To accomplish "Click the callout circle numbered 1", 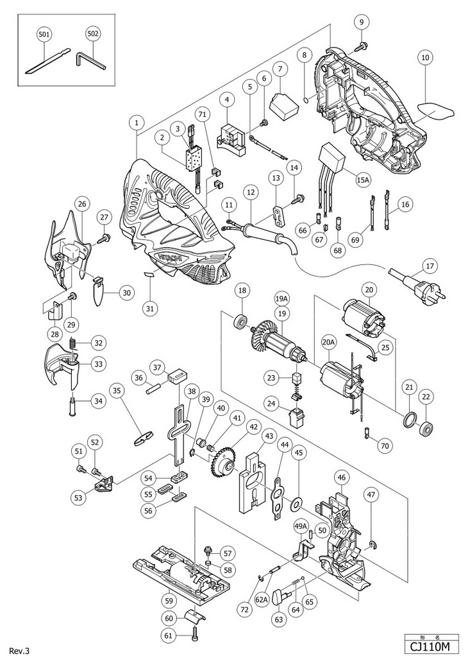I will click(x=137, y=121).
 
